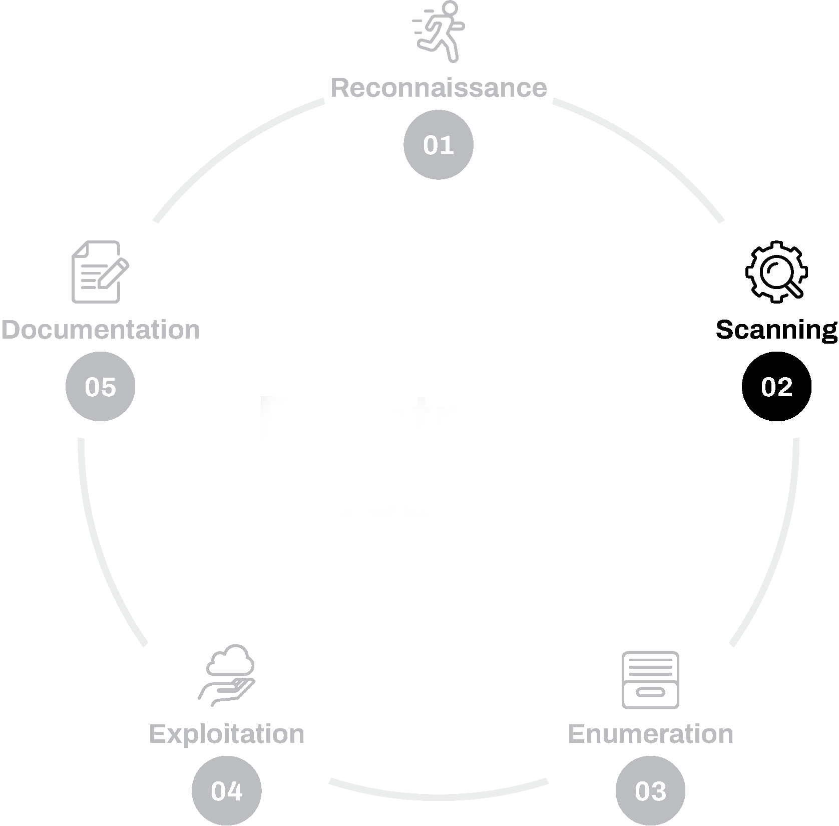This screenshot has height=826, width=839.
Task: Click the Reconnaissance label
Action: point(439,88)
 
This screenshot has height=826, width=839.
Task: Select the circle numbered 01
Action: point(439,145)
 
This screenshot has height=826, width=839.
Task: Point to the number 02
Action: point(776,387)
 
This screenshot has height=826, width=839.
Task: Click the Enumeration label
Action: point(650,734)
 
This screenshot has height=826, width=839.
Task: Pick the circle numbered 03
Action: point(650,791)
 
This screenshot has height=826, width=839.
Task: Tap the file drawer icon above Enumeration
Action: point(650,680)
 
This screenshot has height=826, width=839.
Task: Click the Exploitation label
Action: point(227,734)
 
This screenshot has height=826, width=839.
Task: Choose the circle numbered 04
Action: point(227,791)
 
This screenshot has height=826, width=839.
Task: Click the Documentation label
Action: point(101,330)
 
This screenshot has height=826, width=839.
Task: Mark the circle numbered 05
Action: point(101,387)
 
